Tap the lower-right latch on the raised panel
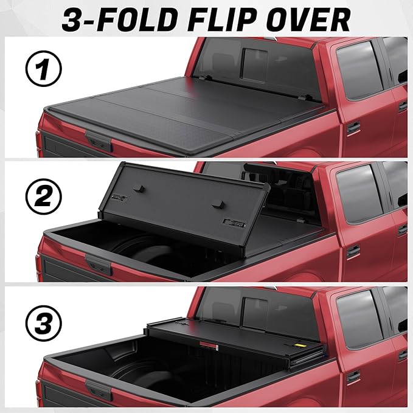[232, 222]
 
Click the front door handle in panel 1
[353, 128]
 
